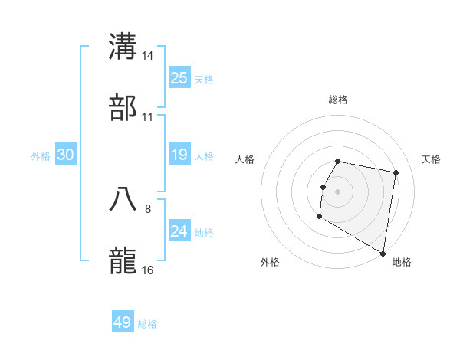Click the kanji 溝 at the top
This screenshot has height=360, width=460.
[123, 46]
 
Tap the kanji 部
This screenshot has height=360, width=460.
[123, 107]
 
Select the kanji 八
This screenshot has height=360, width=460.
[123, 198]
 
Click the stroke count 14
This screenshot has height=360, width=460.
[148, 56]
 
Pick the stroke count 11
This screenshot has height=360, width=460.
[148, 117]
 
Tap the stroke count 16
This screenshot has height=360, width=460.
[148, 270]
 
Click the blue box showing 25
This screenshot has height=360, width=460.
[179, 78]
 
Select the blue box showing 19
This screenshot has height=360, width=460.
[179, 155]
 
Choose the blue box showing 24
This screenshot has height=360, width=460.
[179, 231]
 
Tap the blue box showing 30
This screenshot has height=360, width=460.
[66, 155]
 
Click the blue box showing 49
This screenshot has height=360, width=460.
[123, 322]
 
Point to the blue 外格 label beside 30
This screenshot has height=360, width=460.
[41, 156]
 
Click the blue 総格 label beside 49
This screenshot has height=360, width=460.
[148, 324]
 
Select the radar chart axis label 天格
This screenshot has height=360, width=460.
[431, 159]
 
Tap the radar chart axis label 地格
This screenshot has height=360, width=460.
[402, 262]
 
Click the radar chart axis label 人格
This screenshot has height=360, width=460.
[245, 159]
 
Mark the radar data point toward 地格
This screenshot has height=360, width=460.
[383, 254]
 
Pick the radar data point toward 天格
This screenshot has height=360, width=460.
[396, 173]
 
